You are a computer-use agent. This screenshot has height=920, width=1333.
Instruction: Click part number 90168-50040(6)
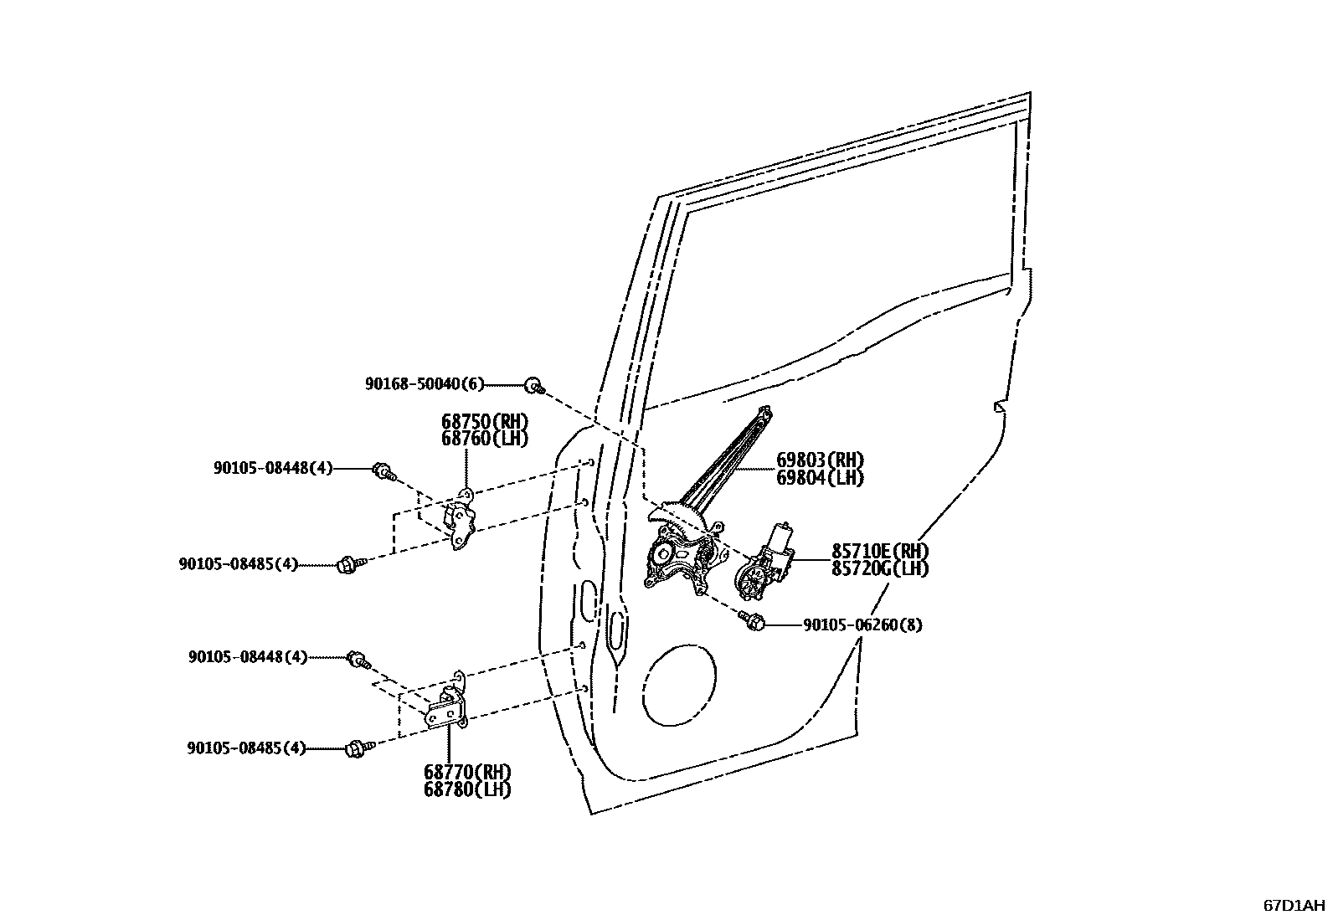pos(425,384)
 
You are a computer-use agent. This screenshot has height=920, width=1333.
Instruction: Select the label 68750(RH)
pos(486,421)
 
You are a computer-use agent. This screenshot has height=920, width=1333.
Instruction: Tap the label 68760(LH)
pos(486,438)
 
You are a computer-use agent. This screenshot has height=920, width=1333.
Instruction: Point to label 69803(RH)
pos(820,460)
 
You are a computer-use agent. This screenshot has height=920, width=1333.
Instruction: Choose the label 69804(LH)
pos(820,477)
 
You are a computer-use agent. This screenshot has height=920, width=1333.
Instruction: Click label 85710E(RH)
pos(880,551)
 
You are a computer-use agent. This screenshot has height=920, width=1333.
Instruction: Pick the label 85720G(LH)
pos(880,568)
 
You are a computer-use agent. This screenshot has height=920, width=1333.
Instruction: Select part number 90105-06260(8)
pos(862,624)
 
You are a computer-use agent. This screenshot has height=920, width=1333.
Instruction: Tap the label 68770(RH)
pos(467,772)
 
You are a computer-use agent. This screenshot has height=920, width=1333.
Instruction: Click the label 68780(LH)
pos(467,789)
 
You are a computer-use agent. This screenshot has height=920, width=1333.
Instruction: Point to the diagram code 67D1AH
pos(1294,905)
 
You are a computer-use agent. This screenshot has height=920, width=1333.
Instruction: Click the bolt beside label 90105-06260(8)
pos(751,621)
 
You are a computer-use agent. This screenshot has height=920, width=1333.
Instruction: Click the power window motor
pos(762,565)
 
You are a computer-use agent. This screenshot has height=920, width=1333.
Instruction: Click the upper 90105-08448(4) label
pos(272,469)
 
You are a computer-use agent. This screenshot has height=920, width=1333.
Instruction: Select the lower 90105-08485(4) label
pos(246,748)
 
